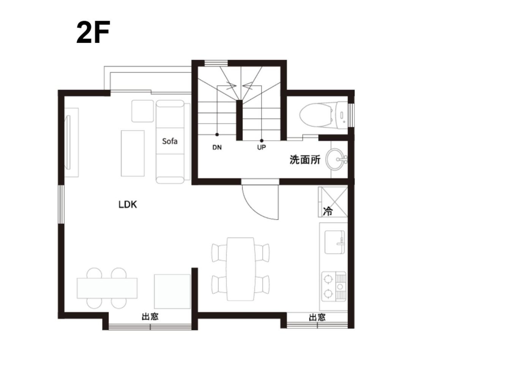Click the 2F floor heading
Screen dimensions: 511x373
93,32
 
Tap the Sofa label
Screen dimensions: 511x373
170,142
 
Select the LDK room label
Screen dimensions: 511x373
128,205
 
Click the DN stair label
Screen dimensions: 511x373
217,148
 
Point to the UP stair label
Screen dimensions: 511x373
262,148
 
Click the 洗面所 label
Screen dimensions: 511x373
305,160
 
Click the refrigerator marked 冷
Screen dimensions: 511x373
333,202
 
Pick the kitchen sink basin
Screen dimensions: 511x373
335,242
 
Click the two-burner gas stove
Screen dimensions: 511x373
334,286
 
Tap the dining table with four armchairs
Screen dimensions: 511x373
240,269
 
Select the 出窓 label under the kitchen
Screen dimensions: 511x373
317,318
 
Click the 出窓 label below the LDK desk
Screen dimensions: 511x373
150,317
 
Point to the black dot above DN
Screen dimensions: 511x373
217,135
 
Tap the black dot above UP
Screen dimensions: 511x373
262,141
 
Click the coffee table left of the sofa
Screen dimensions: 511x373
132,153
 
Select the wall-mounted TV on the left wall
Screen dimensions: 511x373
68,143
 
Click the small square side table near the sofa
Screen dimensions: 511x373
143,111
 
